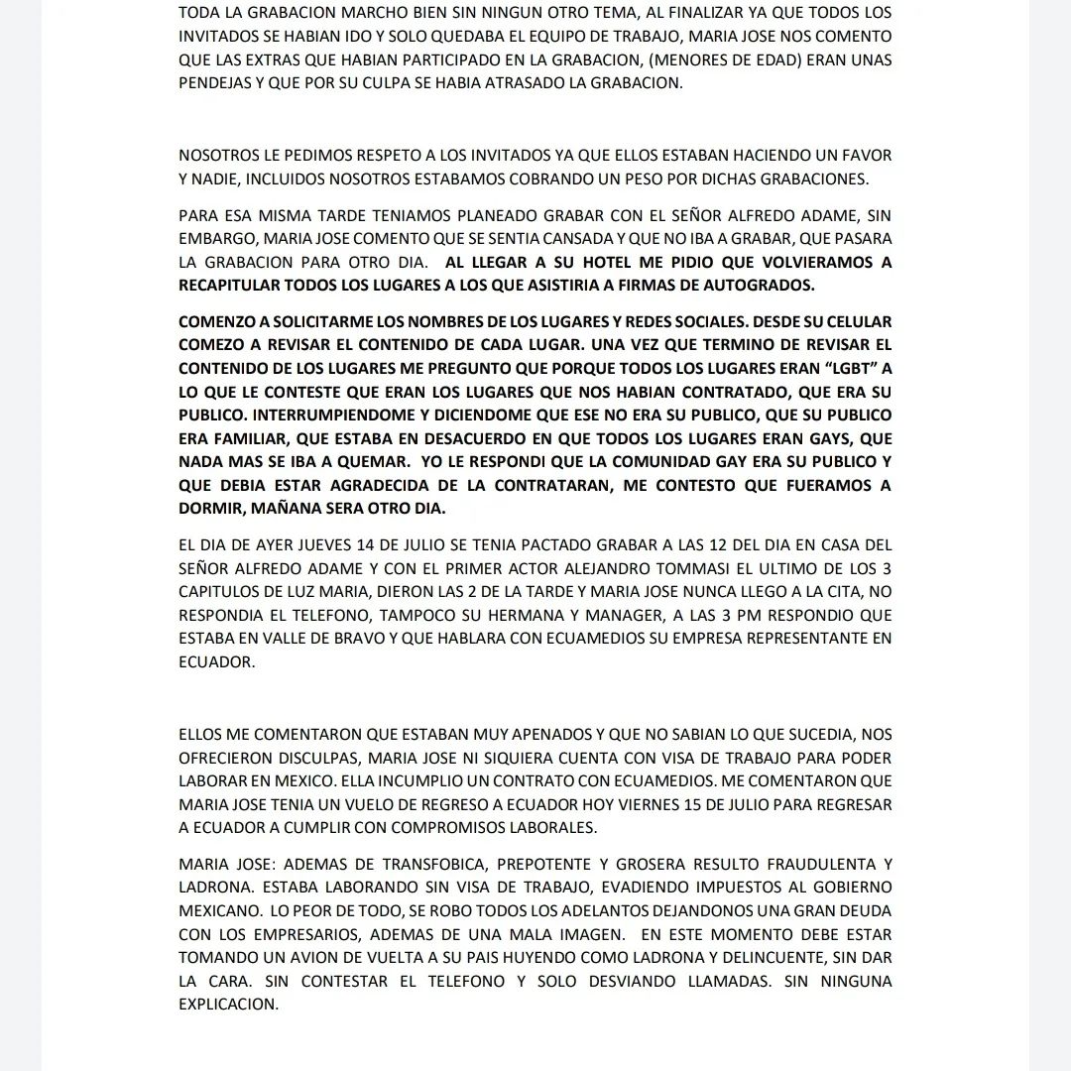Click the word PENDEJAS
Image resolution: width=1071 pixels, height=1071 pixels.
coord(216,83)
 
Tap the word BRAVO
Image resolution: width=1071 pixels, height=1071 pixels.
coord(348,640)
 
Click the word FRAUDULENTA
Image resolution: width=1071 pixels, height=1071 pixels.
coord(794,863)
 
